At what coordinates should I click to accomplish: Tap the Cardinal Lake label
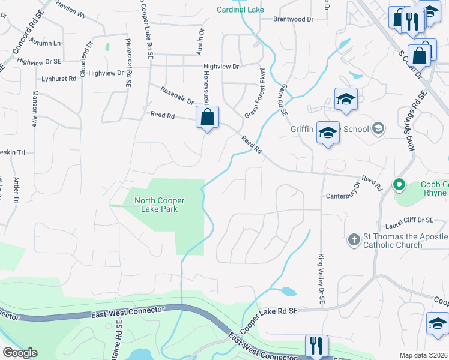coord(240,10)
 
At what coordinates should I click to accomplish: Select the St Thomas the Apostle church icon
coord(354,241)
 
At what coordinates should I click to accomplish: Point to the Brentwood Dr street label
coord(294,19)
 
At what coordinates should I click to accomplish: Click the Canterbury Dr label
coord(345,196)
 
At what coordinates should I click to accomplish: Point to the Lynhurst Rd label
coord(59,79)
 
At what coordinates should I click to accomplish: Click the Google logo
coord(20,353)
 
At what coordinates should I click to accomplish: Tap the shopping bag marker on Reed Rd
coord(207,118)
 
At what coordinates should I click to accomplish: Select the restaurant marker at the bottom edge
coord(316,346)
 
